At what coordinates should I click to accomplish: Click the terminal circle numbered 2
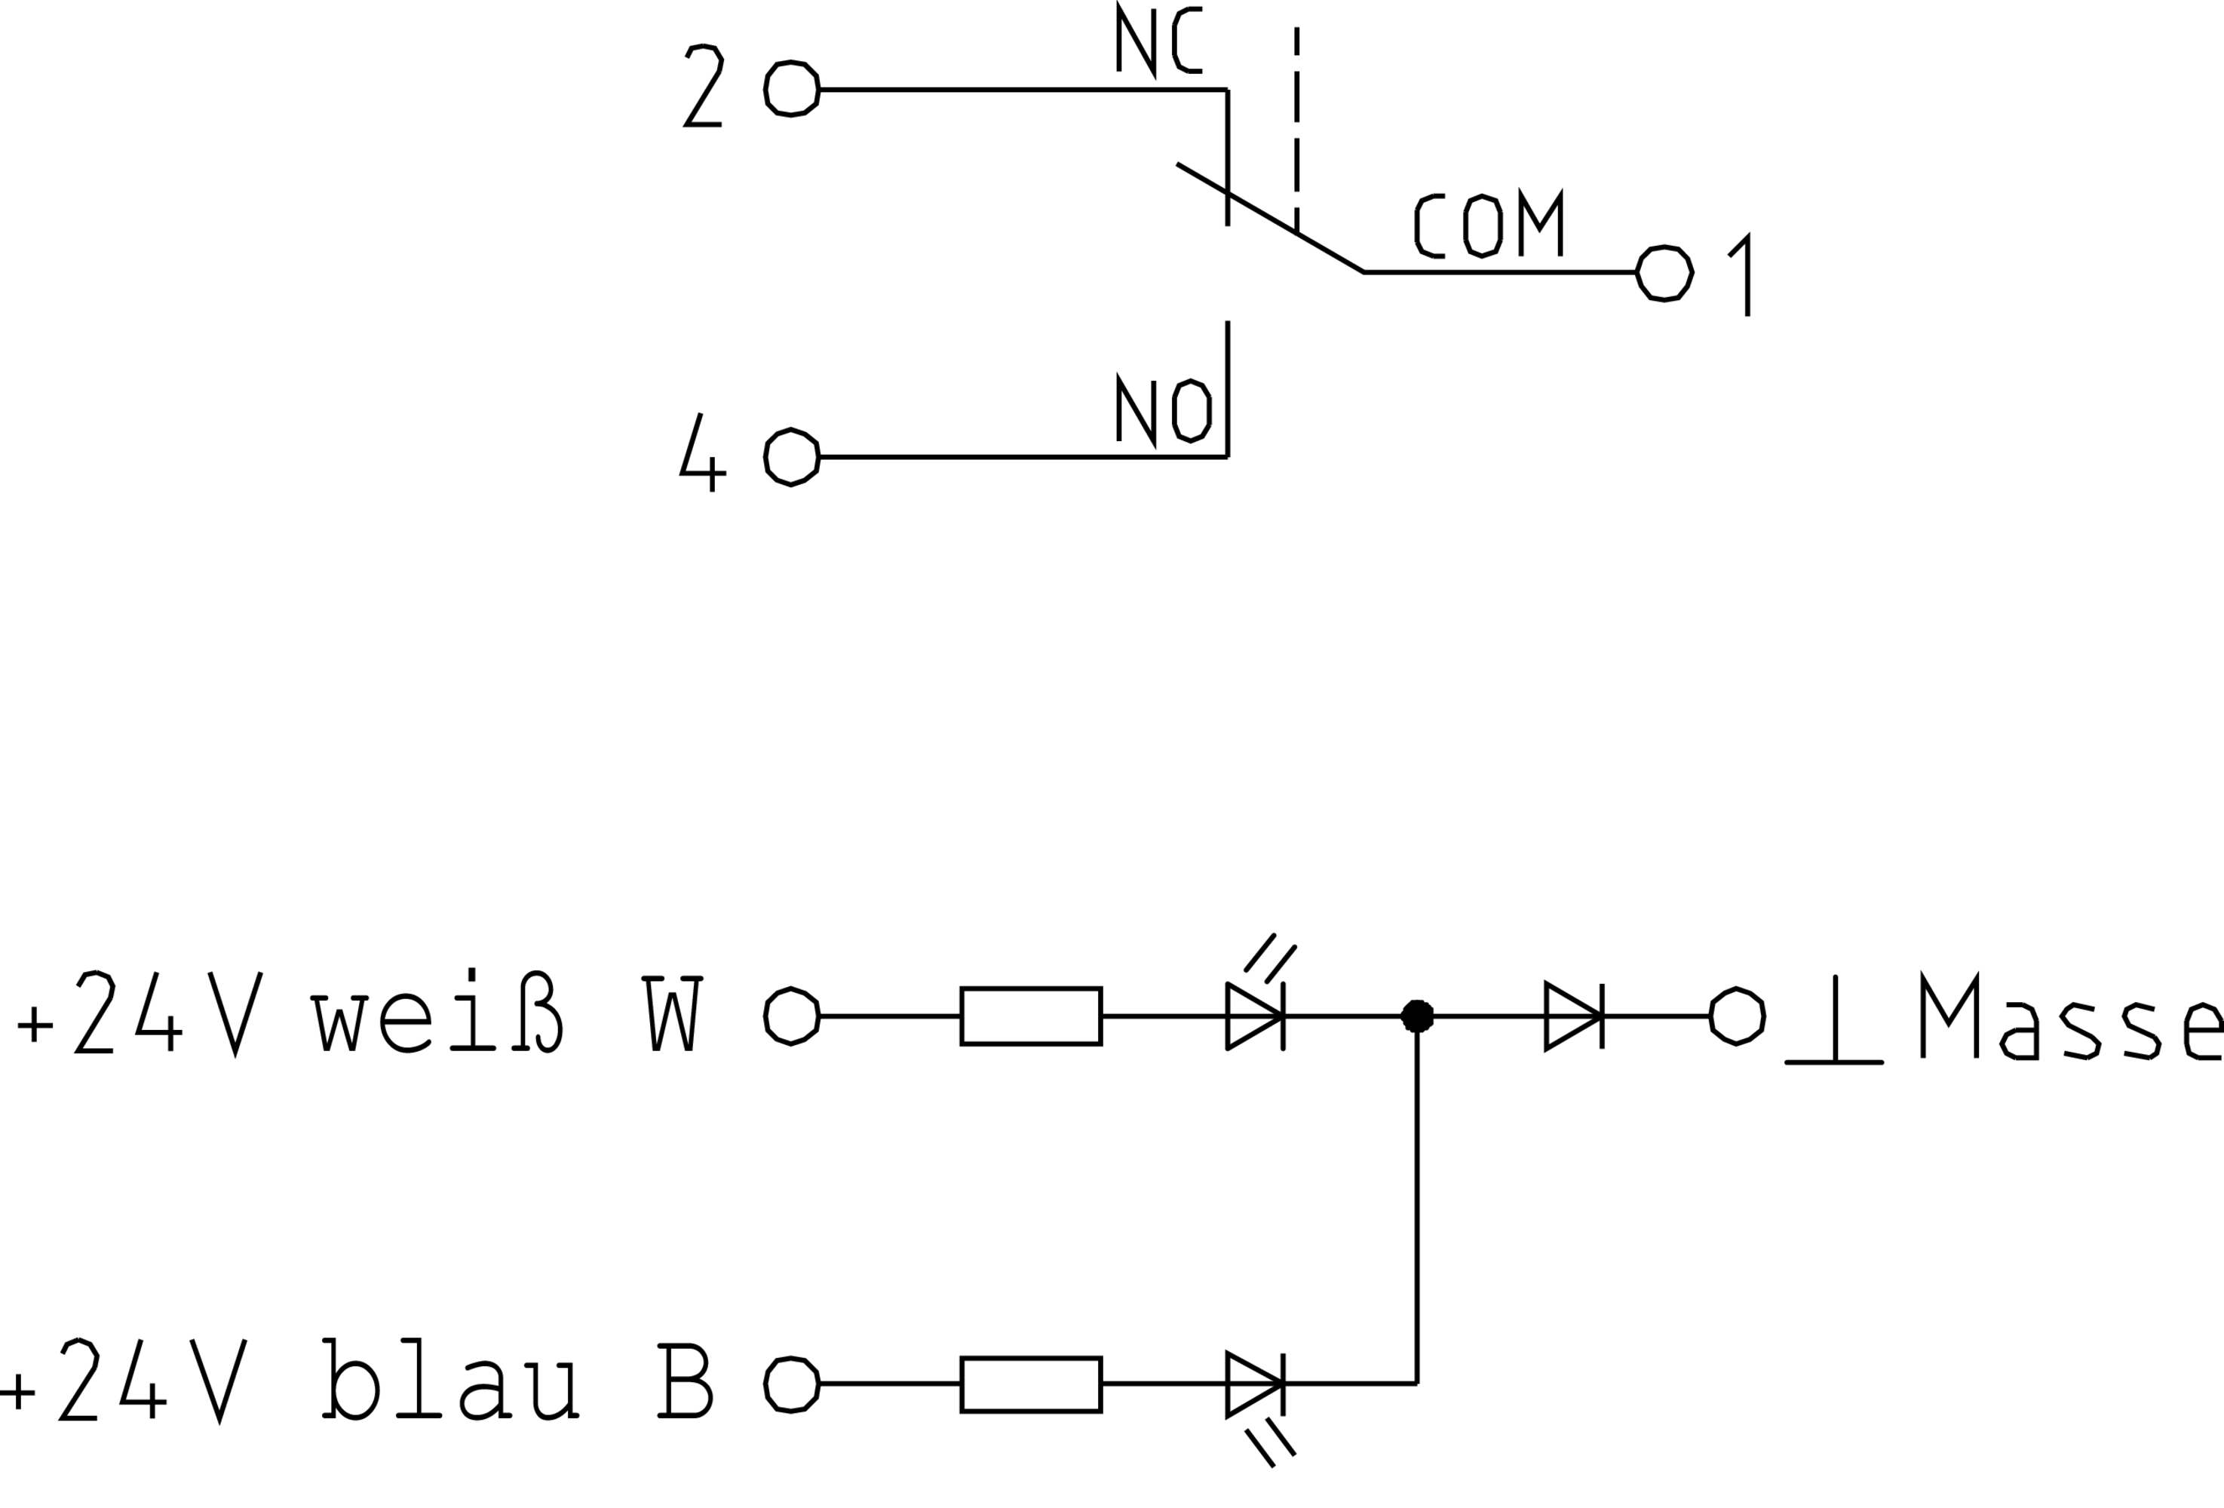[x=791, y=89]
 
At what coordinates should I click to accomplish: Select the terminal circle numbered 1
[x=1665, y=273]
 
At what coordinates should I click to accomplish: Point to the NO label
[x=1164, y=409]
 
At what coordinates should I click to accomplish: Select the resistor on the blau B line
[x=1031, y=1384]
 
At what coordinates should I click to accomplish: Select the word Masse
[x=2072, y=1017]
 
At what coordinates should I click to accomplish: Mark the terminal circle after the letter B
[x=791, y=1384]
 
